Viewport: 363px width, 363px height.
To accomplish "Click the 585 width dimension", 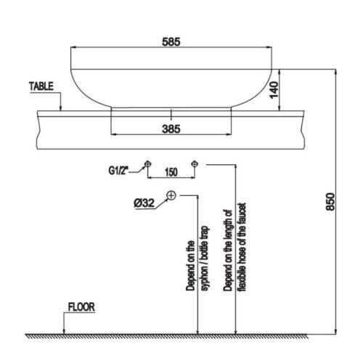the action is (171, 41).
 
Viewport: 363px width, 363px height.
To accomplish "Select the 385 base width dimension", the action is (171, 129).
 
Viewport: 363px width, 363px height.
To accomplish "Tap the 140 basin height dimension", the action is (274, 90).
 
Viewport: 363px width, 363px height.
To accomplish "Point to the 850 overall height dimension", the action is (330, 202).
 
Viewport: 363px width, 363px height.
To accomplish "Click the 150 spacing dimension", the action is (171, 172).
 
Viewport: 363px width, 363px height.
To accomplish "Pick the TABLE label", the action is (41, 86).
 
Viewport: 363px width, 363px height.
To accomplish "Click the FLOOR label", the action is (81, 307).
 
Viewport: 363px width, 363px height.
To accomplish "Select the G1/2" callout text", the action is (118, 171).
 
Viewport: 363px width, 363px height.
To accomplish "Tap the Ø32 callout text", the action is (144, 203).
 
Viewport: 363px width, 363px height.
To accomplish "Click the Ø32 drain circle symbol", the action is (171, 195).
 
